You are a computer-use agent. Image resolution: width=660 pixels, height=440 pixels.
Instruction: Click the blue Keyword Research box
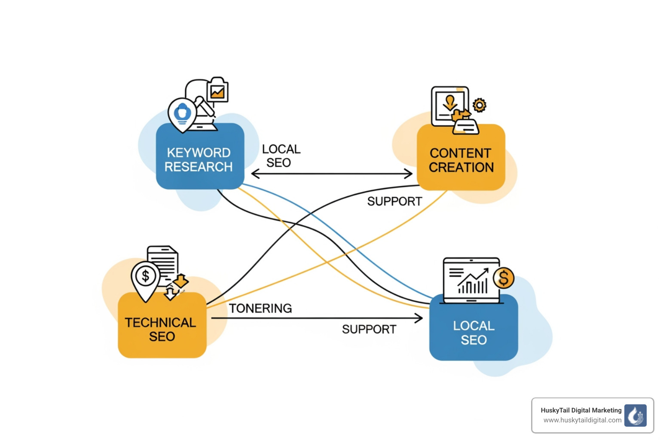[x=200, y=159]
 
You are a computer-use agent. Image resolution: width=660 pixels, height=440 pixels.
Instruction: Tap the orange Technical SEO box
[x=162, y=329]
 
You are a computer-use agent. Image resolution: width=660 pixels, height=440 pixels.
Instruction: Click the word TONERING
[x=260, y=308]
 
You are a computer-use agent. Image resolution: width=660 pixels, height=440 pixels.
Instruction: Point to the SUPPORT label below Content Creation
[x=394, y=201]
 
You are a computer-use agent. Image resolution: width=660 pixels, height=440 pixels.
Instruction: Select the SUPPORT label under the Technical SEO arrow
[x=369, y=329]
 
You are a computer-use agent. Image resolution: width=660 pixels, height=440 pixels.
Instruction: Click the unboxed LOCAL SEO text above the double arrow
[x=281, y=156]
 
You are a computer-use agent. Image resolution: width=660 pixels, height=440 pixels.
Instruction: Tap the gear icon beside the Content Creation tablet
[x=479, y=105]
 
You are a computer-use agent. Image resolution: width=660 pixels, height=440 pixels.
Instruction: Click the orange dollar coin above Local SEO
[x=504, y=278]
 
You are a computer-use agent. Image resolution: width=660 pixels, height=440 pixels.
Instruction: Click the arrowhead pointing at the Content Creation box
[x=409, y=174]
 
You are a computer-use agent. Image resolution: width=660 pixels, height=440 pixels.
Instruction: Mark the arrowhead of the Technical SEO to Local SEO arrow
[x=419, y=318]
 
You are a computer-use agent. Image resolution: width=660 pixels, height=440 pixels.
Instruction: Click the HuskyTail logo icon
[x=635, y=415]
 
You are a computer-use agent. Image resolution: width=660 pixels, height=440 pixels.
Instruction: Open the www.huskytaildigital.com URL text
[x=582, y=420]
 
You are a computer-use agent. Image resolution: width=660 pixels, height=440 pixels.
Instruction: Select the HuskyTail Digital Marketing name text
[x=581, y=410]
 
